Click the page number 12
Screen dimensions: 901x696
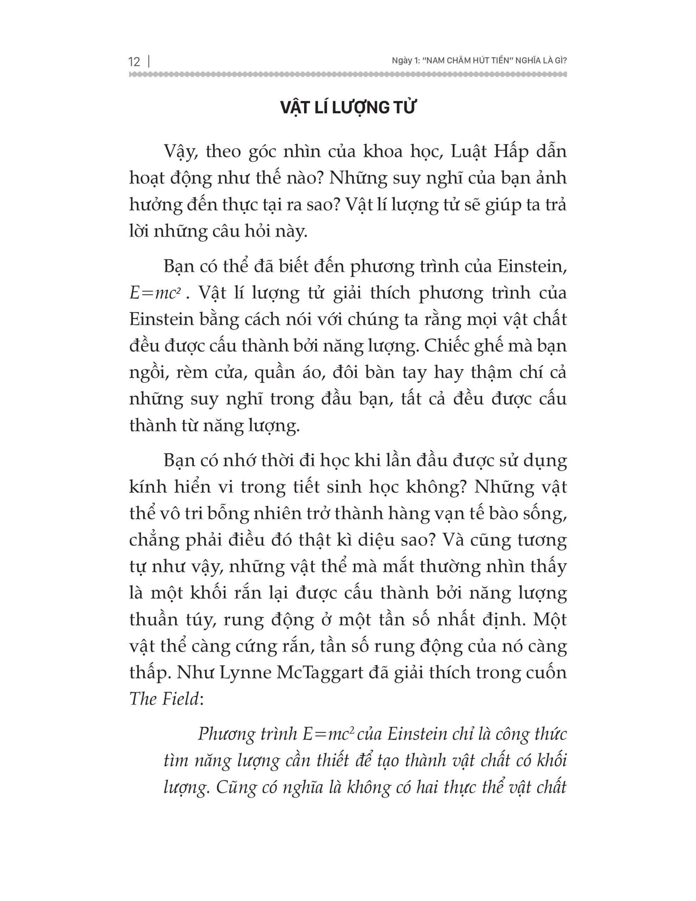tap(134, 62)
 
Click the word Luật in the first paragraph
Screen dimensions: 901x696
tap(466, 152)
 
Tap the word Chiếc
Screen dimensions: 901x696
tap(445, 346)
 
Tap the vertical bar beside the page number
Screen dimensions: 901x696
tap(148, 62)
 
